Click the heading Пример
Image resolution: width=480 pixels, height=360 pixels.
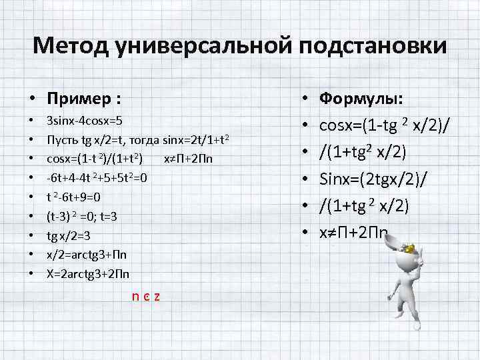click(x=84, y=99)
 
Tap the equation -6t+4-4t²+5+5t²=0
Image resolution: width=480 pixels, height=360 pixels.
click(x=97, y=178)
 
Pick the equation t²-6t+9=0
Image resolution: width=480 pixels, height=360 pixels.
click(x=73, y=197)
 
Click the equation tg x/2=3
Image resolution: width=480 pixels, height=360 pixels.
click(x=68, y=235)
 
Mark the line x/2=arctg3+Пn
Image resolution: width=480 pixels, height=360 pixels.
click(x=87, y=255)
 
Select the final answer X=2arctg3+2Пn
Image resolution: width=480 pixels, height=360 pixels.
click(x=88, y=273)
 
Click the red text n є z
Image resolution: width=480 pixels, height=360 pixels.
click(x=146, y=296)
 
